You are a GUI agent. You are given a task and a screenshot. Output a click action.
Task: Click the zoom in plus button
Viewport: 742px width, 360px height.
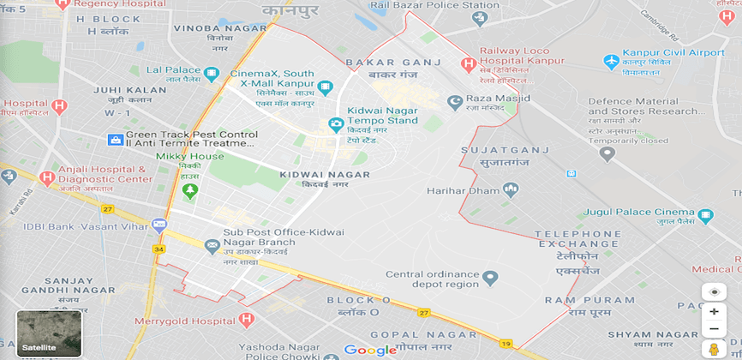click(x=714, y=312)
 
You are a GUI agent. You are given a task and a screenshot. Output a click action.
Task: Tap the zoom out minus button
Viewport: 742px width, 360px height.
click(x=714, y=329)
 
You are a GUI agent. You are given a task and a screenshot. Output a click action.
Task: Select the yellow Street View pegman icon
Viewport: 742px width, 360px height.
click(x=714, y=350)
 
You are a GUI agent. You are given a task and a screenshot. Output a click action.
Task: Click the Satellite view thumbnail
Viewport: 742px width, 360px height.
click(x=49, y=333)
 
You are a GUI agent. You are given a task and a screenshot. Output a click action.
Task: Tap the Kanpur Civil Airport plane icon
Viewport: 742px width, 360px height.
click(x=612, y=62)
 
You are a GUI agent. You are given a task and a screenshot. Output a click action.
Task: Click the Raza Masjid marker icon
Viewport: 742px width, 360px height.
click(x=455, y=103)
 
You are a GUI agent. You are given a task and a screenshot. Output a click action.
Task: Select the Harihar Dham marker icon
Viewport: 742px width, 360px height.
click(x=511, y=189)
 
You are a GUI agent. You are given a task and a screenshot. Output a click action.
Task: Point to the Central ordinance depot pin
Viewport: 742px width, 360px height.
click(x=490, y=278)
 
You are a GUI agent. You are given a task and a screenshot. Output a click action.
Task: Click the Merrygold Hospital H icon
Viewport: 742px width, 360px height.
click(x=247, y=320)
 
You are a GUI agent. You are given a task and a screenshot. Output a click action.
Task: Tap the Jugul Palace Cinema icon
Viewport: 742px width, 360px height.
click(x=706, y=216)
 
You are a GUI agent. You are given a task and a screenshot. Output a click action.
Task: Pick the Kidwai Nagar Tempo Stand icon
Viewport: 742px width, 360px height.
click(x=337, y=125)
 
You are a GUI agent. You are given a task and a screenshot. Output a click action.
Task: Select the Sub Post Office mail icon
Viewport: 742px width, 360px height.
click(x=212, y=246)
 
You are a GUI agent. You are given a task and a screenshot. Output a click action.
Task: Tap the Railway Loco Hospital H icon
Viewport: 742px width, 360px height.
click(x=468, y=63)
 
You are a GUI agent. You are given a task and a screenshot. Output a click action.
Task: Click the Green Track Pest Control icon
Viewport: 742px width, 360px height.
click(x=115, y=139)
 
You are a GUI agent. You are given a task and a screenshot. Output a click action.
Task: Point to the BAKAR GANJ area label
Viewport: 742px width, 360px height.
click(x=392, y=63)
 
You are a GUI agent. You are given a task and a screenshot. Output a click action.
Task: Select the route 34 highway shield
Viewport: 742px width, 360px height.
click(x=158, y=249)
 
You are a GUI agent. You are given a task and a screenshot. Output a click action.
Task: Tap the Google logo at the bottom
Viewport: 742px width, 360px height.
click(x=370, y=350)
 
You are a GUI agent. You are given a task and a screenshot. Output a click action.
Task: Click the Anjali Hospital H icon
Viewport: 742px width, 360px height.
click(x=47, y=178)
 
